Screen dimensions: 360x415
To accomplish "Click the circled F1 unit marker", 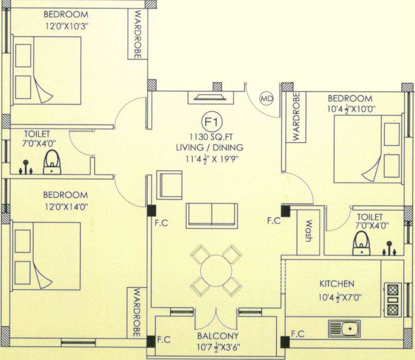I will pos(210,122).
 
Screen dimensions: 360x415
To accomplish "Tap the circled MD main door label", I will pos(267,98).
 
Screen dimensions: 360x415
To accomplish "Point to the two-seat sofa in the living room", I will pos(212,215).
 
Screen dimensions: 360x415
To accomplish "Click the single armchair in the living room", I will pos(169,185).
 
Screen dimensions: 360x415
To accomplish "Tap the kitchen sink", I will pos(344,329).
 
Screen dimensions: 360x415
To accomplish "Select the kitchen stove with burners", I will pos(393,300).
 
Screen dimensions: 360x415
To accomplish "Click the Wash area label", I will pos(309,232).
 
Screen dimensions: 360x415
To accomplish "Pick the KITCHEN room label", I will pos(337,284).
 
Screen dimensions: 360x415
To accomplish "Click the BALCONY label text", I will pos(218,336).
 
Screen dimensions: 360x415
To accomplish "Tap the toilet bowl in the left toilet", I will pos(52,163).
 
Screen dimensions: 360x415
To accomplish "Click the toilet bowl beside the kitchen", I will pos(361,243).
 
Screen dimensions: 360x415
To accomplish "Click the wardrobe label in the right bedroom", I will pos(296,117).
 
